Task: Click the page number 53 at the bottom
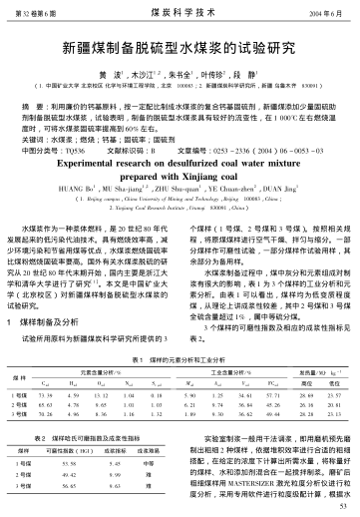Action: [342, 508]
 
